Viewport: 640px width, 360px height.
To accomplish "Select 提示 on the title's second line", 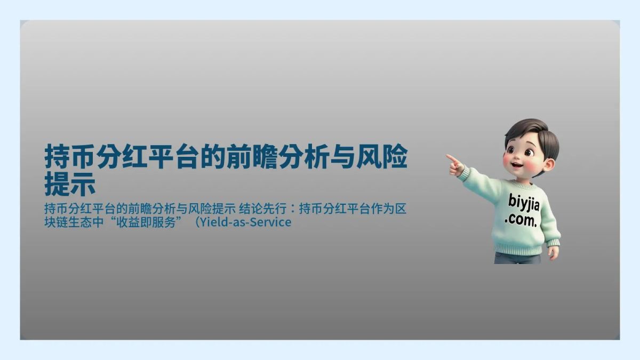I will (70, 183).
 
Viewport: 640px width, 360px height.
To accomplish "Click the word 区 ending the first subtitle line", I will (401, 208).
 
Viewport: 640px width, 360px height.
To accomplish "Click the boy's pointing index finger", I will (451, 158).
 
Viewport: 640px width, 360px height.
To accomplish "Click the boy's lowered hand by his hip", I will (553, 252).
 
